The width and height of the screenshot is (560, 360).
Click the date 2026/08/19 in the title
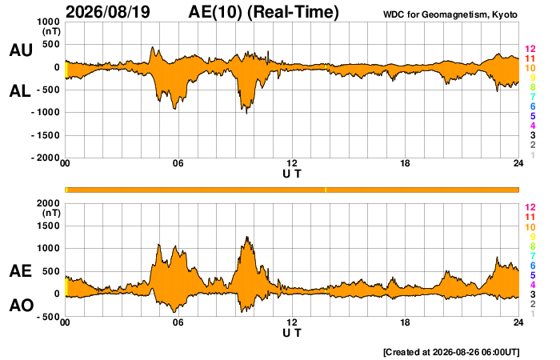pyautogui.click(x=108, y=12)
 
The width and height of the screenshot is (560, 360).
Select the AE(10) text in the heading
pyautogui.click(x=215, y=12)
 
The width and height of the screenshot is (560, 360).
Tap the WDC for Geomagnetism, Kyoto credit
pyautogui.click(x=450, y=14)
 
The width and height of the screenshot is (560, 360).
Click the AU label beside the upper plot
pyautogui.click(x=21, y=50)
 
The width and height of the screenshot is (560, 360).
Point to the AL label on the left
pyautogui.click(x=20, y=91)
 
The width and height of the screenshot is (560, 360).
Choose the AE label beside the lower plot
pyautogui.click(x=20, y=271)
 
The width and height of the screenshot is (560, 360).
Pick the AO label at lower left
pyautogui.click(x=22, y=306)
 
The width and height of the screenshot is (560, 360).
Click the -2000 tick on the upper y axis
pyautogui.click(x=46, y=158)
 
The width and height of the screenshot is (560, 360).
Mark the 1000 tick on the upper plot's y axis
pyautogui.click(x=49, y=22)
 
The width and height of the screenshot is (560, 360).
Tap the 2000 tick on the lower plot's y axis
pyautogui.click(x=49, y=203)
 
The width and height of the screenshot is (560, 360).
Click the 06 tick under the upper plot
pyautogui.click(x=178, y=163)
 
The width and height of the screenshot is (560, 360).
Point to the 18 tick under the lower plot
pyautogui.click(x=405, y=322)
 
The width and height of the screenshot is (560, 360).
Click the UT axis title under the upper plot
pyautogui.click(x=292, y=174)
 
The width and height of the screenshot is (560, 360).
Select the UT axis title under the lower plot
pyautogui.click(x=292, y=334)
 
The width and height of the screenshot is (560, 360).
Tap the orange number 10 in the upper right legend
pyautogui.click(x=530, y=68)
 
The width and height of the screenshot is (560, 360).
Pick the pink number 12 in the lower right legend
pyautogui.click(x=530, y=207)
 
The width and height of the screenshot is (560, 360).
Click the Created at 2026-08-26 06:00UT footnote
pyautogui.click(x=451, y=352)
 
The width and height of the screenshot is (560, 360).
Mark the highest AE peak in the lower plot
pyautogui.click(x=246, y=237)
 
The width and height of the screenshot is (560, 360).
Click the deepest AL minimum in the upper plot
pyautogui.click(x=246, y=114)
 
